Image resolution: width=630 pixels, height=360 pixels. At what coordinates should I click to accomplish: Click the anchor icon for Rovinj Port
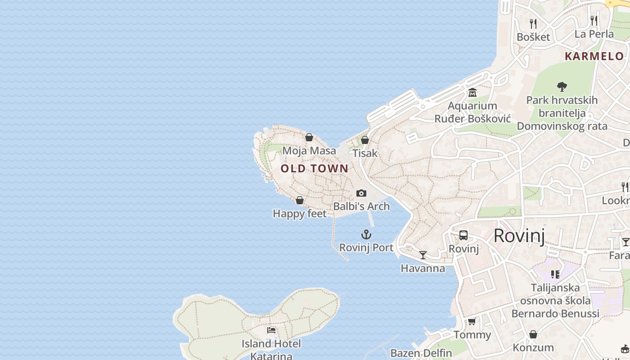pyautogui.click(x=366, y=234)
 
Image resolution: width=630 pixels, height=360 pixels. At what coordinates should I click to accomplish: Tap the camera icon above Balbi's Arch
pyautogui.click(x=361, y=193)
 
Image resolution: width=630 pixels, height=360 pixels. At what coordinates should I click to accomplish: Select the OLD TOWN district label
pyautogui.click(x=315, y=169)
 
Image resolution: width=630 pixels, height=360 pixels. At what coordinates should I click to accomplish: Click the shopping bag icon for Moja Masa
pyautogui.click(x=309, y=137)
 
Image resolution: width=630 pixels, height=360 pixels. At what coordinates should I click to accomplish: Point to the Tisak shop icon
pyautogui.click(x=365, y=140)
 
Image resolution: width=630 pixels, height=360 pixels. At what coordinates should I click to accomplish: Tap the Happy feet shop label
pyautogui.click(x=300, y=214)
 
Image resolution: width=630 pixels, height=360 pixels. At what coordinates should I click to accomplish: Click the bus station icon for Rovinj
pyautogui.click(x=463, y=235)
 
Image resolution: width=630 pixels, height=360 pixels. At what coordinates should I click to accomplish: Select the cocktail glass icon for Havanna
pyautogui.click(x=423, y=255)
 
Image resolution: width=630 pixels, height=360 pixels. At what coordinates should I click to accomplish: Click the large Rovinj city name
pyautogui.click(x=519, y=236)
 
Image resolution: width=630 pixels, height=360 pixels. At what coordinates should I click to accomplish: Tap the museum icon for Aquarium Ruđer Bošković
pyautogui.click(x=472, y=93)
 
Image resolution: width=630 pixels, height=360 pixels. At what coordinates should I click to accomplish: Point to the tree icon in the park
pyautogui.click(x=562, y=86)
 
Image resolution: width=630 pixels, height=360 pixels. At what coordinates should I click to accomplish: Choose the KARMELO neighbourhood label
pyautogui.click(x=594, y=57)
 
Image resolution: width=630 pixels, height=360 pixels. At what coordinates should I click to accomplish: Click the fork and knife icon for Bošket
pyautogui.click(x=533, y=23)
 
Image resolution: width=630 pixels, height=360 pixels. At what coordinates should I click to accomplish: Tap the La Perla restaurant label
pyautogui.click(x=594, y=34)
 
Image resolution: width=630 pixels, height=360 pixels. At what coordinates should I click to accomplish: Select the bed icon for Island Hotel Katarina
pyautogui.click(x=271, y=330)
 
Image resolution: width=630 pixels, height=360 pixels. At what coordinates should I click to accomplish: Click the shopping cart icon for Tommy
pyautogui.click(x=472, y=321)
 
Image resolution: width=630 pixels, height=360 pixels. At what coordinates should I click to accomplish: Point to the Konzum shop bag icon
pyautogui.click(x=533, y=334)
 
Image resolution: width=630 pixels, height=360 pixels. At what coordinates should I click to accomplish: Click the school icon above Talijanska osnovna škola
pyautogui.click(x=555, y=274)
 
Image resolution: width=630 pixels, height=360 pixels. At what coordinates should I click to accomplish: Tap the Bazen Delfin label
pyautogui.click(x=421, y=353)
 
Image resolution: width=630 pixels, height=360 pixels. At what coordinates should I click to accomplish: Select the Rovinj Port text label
pyautogui.click(x=366, y=247)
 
